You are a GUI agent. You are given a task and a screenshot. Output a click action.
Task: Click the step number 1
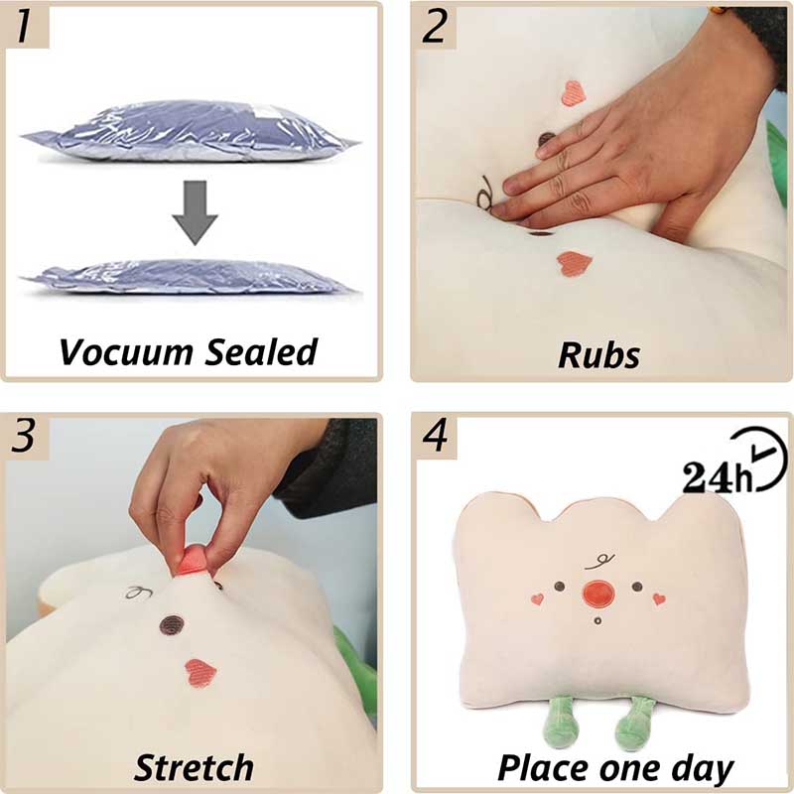(31, 27)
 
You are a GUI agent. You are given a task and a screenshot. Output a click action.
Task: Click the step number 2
(435, 27)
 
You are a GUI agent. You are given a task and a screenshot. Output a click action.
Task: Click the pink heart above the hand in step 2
(574, 93)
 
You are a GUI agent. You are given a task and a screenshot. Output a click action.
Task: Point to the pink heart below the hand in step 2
(572, 262)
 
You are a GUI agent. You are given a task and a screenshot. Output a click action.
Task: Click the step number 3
(31, 436)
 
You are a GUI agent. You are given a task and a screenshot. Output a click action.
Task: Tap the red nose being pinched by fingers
(193, 562)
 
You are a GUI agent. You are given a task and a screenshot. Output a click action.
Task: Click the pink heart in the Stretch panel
(201, 671)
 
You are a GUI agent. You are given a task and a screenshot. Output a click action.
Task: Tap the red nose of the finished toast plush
(597, 594)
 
